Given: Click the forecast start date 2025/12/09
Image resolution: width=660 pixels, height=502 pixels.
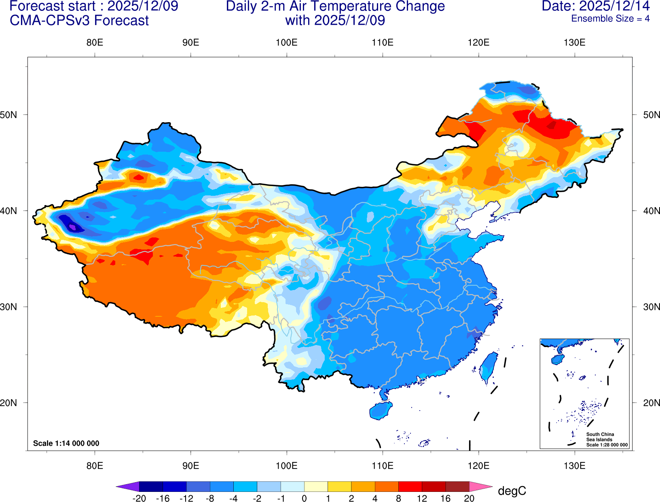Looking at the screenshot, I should [x=143, y=6].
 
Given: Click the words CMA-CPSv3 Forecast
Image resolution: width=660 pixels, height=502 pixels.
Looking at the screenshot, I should [x=79, y=21].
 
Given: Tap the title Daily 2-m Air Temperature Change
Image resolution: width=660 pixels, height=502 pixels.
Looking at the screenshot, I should [x=335, y=6].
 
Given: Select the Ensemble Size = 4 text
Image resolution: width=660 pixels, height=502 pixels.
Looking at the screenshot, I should [x=610, y=19].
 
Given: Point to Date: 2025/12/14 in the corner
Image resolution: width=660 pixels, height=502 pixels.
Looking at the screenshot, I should [x=595, y=6].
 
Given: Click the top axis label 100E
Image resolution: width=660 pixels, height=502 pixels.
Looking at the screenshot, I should [x=286, y=43].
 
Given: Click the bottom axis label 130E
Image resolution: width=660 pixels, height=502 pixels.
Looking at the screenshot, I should [x=574, y=466].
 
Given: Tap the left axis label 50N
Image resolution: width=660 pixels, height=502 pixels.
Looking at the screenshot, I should [x=9, y=115].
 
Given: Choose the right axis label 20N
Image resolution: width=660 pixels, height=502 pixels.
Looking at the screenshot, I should [x=651, y=403].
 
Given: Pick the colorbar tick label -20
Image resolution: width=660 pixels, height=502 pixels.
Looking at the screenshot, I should [x=139, y=498].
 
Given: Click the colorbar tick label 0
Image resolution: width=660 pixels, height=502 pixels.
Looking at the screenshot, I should [x=304, y=498].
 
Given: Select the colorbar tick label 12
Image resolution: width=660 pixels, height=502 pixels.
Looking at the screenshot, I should [x=422, y=498].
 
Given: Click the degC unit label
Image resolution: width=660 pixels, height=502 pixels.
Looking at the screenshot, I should [x=512, y=491].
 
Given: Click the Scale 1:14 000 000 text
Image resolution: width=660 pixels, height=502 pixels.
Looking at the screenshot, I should [x=66, y=443].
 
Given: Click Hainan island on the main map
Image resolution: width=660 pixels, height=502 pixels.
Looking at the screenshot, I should [x=381, y=411].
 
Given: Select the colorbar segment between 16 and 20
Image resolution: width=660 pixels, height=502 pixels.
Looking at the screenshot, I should [x=457, y=487].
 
